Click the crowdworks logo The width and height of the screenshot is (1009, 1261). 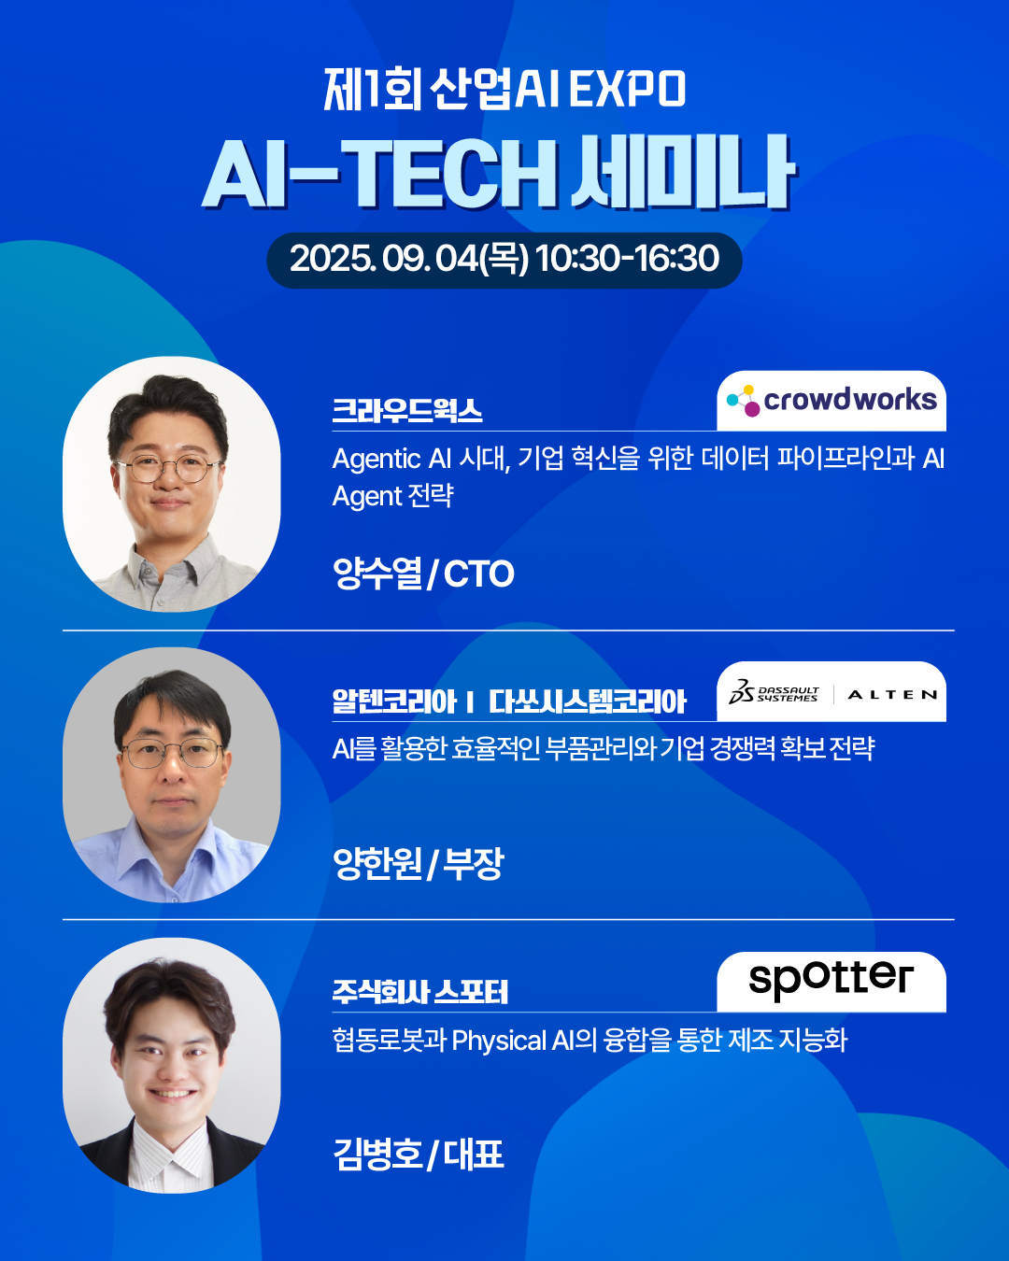pos(831,401)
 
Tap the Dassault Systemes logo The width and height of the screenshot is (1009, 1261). pos(774,692)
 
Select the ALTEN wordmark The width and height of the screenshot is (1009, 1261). pos(892,695)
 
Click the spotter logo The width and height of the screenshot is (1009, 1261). pos(831,981)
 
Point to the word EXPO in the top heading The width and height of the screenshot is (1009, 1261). pos(627,89)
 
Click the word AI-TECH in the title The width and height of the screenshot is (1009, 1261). pos(378,174)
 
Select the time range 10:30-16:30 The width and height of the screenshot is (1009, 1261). pos(627,259)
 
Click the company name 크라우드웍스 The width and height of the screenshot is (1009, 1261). pos(407,410)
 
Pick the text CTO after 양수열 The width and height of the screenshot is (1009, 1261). pos(478,574)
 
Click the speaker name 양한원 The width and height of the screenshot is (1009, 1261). pos(377,863)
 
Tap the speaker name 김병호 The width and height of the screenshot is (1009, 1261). pos(377,1155)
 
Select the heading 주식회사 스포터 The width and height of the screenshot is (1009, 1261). pos(419,991)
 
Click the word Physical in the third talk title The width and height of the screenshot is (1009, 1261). pos(499,1041)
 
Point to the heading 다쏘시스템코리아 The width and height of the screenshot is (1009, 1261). pos(587,701)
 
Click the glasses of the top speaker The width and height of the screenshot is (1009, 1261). pos(168,468)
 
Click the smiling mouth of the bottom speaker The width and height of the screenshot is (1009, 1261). pos(171,1094)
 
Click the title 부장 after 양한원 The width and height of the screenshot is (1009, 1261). pos(473,863)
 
